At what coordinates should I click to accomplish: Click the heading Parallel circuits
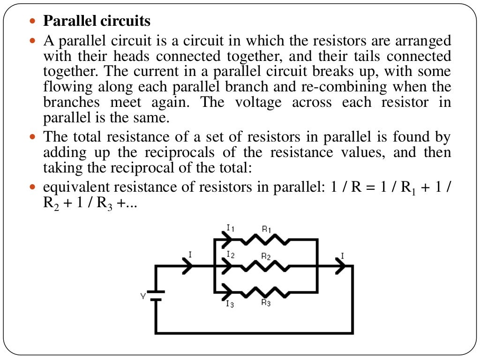97,21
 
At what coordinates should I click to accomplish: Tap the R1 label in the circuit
266,229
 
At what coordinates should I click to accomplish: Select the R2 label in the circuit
266,256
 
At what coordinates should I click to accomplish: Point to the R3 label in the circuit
266,303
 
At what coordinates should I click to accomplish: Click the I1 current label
231,228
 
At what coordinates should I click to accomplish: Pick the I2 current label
230,254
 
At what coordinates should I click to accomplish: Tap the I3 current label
230,305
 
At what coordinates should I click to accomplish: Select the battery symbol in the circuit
156,296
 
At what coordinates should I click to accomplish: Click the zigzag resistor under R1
266,240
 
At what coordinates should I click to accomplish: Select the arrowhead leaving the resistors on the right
341,266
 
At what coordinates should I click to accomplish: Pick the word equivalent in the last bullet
78,187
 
